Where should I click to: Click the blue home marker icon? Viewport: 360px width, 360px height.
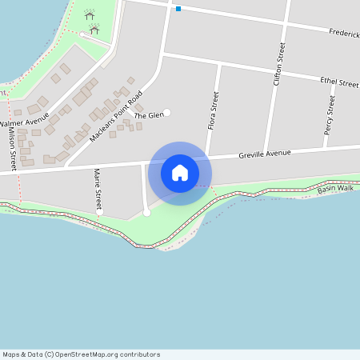[x=179, y=173]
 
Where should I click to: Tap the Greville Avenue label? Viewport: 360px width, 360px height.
[x=265, y=154]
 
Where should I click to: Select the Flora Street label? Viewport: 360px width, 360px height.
[x=213, y=111]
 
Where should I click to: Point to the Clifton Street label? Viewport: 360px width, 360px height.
[x=279, y=65]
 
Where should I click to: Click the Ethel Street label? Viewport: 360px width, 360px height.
[x=338, y=82]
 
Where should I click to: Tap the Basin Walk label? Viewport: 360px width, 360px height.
[x=334, y=189]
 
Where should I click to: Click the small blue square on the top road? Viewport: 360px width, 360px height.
[x=178, y=9]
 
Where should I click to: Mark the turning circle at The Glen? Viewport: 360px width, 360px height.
[x=167, y=112]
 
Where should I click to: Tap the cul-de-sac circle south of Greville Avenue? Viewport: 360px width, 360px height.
[x=146, y=212]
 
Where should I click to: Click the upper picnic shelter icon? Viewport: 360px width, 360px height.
[x=89, y=14]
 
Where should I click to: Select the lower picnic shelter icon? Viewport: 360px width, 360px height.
[x=94, y=29]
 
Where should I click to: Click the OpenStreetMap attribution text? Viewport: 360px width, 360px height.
[x=81, y=354]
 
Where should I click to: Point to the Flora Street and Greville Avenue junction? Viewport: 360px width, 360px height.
[x=207, y=158]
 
